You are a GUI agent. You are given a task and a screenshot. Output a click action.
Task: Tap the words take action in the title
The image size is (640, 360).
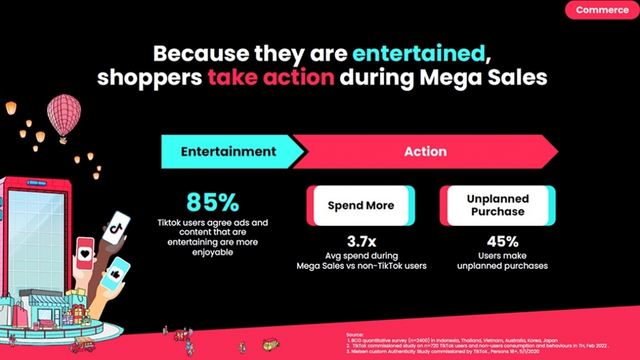coord(271,77)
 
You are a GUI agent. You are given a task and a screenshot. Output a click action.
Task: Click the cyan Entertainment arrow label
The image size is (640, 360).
coord(228,151)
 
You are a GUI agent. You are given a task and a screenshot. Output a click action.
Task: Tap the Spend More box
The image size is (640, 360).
coord(361,205)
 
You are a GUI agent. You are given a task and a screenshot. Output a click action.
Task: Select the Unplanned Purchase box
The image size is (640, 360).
coord(498,205)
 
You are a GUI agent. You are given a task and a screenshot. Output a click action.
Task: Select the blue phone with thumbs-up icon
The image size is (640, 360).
coord(116,273)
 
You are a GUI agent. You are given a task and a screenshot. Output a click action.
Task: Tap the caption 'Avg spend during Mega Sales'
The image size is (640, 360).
coord(362,261)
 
